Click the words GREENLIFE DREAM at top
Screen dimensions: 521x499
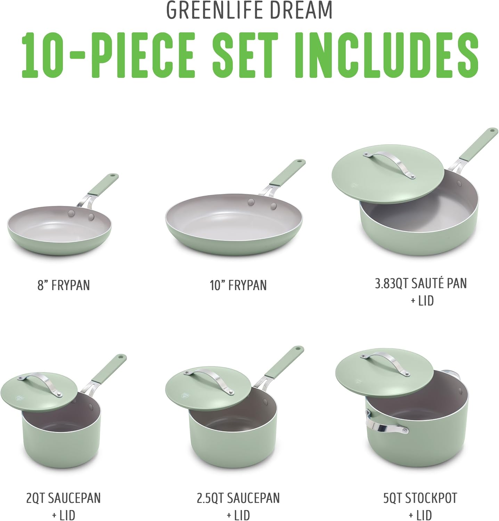pyautogui.click(x=249, y=10)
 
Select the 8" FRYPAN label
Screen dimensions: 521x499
pyautogui.click(x=64, y=286)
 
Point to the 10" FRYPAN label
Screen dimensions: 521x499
pyautogui.click(x=238, y=286)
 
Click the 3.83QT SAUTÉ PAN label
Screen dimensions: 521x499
pyautogui.click(x=421, y=283)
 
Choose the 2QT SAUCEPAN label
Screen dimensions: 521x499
pyautogui.click(x=64, y=498)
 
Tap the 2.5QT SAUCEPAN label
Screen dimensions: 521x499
pyautogui.click(x=238, y=498)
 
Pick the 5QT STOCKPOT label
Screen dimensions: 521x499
pyautogui.click(x=420, y=498)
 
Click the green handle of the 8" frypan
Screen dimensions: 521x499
pyautogui.click(x=103, y=184)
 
